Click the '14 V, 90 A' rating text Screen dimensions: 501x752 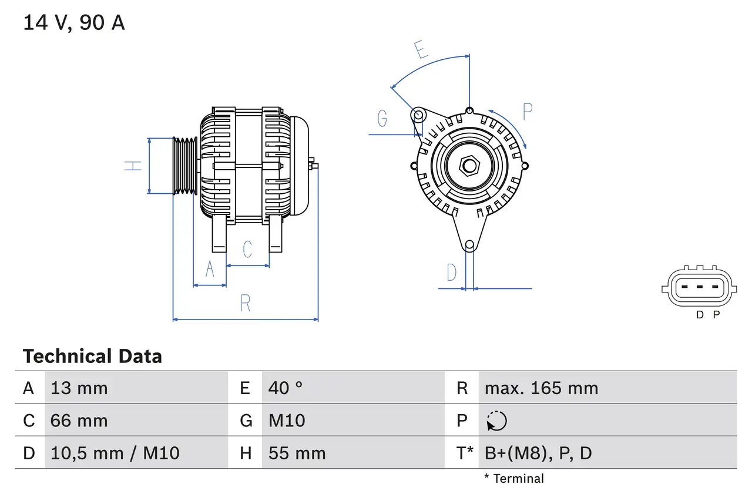[x=74, y=23]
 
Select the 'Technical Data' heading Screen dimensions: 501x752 [x=92, y=357]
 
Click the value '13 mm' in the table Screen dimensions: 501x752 [x=79, y=388]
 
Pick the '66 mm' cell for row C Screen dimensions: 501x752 [x=79, y=421]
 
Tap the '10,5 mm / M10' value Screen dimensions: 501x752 [x=115, y=453]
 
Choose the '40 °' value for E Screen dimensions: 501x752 [x=286, y=388]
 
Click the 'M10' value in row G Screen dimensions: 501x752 [x=287, y=421]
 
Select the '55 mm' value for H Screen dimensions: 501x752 [x=297, y=453]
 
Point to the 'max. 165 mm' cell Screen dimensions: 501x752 [x=541, y=388]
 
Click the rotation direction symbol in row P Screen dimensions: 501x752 [x=496, y=421]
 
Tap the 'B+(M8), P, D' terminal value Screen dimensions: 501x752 [x=538, y=453]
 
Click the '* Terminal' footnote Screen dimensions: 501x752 [x=514, y=479]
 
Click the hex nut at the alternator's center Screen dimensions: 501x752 [x=469, y=166]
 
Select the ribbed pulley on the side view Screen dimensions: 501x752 [x=185, y=166]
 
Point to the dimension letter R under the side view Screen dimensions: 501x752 [x=246, y=304]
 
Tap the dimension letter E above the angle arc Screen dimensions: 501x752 [x=420, y=51]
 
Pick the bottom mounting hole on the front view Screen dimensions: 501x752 [x=469, y=245]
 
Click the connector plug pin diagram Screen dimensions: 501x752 [x=698, y=287]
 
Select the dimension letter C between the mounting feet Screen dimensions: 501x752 [x=247, y=249]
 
